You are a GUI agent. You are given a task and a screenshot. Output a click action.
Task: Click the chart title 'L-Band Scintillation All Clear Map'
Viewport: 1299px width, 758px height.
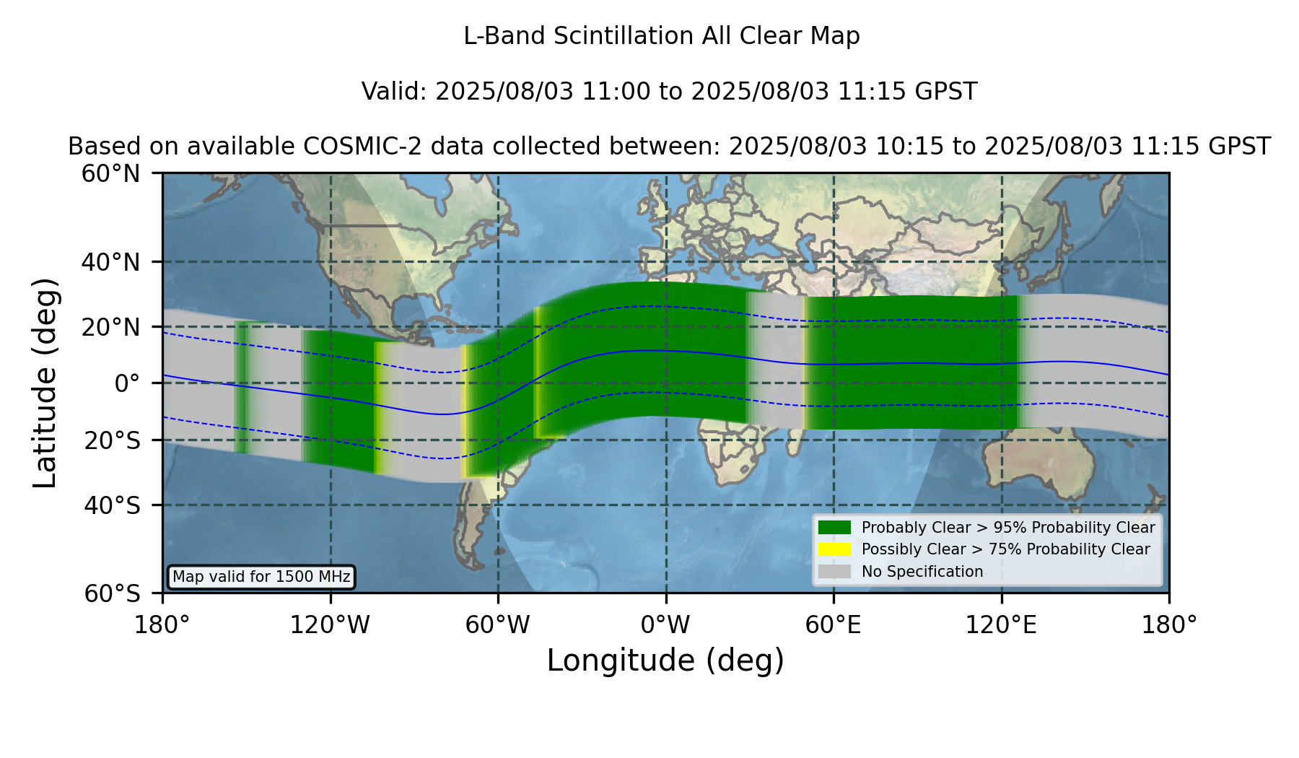662,36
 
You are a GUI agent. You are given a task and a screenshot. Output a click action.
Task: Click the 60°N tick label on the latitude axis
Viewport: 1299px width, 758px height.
111,173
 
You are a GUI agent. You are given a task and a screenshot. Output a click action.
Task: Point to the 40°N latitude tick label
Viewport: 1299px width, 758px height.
111,262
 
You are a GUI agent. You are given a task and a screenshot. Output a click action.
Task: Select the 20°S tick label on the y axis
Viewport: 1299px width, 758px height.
113,440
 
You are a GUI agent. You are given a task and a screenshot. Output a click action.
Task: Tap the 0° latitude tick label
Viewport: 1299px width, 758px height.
127,383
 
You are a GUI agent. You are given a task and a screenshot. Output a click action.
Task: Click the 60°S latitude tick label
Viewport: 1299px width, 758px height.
113,593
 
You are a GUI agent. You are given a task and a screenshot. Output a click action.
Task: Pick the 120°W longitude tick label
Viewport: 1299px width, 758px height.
330,625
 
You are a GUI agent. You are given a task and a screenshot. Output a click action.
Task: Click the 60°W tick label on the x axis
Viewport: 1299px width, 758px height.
498,625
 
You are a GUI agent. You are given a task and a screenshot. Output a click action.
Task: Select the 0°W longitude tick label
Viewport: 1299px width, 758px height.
666,625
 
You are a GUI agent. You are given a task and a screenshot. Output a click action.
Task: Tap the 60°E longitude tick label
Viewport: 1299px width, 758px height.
834,625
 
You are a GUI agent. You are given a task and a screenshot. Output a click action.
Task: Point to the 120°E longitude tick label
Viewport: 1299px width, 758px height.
1002,625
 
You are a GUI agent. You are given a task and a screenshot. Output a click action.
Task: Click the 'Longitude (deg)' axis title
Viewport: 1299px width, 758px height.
665,661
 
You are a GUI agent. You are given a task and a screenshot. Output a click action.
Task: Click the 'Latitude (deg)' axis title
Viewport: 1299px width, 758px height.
45,383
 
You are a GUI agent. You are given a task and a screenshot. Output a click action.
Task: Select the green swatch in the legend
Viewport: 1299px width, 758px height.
834,527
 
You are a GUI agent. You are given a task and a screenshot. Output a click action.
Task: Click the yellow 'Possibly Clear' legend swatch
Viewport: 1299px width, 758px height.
834,549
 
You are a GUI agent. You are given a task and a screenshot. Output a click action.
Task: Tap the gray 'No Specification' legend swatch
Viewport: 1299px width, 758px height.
834,571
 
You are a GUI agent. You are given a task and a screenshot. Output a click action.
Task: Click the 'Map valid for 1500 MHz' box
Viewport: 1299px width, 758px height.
261,577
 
